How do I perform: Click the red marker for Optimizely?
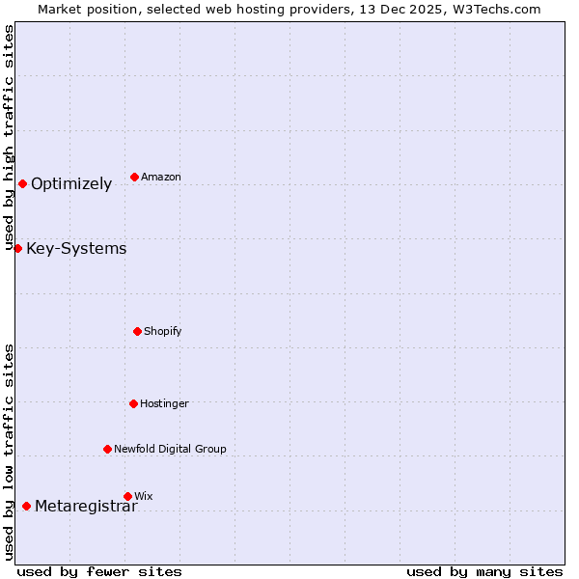tap(22, 183)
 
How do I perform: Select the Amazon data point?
tap(134, 177)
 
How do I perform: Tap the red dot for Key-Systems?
tap(17, 248)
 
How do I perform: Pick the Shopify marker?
tap(137, 331)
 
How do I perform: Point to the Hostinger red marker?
tap(133, 403)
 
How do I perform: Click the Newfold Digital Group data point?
tap(107, 449)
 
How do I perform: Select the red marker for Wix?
tap(127, 496)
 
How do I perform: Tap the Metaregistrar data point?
tap(26, 506)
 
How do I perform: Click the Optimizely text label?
tap(71, 184)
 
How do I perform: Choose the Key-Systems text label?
tap(76, 249)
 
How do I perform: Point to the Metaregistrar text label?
tap(86, 507)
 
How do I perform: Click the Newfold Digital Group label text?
tap(170, 449)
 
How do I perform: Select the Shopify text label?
tap(162, 332)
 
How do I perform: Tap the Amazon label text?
tap(160, 178)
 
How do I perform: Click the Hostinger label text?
tap(164, 404)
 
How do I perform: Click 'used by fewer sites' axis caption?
tap(99, 571)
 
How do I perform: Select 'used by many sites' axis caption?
tap(484, 571)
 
